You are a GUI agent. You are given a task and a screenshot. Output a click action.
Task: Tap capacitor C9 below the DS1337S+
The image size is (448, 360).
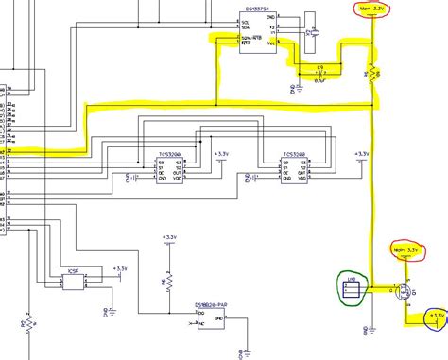tap(319, 73)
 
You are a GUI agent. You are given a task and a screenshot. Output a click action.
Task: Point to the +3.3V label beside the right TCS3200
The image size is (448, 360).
tap(361, 153)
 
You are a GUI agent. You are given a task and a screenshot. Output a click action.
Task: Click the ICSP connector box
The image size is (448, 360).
tap(74, 277)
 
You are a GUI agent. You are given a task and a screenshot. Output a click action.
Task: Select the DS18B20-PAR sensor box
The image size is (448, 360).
tap(210, 316)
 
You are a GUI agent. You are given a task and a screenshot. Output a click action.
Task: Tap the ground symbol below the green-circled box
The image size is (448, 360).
tap(366, 330)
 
